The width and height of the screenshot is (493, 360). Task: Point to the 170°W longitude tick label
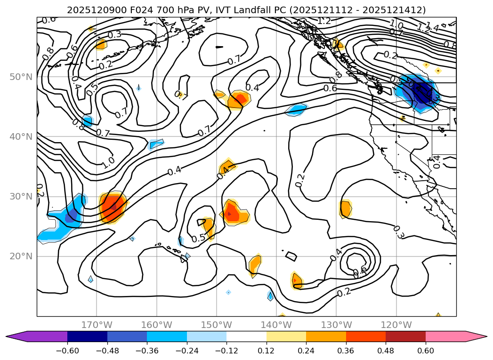click(x=97, y=325)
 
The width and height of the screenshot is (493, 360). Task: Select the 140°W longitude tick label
click(x=276, y=325)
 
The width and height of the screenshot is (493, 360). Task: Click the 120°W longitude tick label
click(x=396, y=325)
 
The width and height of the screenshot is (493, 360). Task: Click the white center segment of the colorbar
click(x=246, y=336)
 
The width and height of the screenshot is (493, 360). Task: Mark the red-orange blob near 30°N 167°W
click(x=113, y=207)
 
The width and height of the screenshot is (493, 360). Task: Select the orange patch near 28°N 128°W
click(x=346, y=208)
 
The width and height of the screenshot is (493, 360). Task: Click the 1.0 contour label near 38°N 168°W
click(x=108, y=162)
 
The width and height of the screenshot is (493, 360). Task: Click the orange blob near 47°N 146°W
click(x=239, y=100)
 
